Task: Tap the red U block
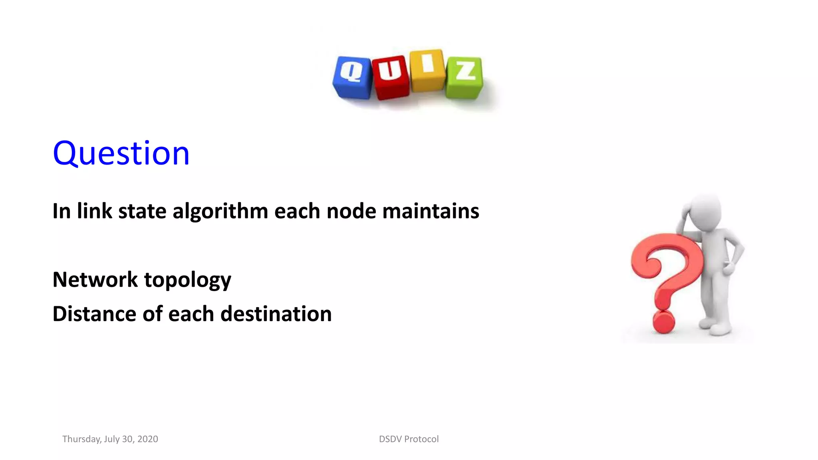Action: (390, 77)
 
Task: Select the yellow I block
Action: (427, 70)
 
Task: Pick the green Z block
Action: (465, 77)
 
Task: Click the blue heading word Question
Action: (121, 153)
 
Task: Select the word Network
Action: (95, 279)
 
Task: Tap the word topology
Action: (187, 280)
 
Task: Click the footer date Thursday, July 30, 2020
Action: (110, 439)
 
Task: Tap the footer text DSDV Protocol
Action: (409, 439)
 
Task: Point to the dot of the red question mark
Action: (663, 322)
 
